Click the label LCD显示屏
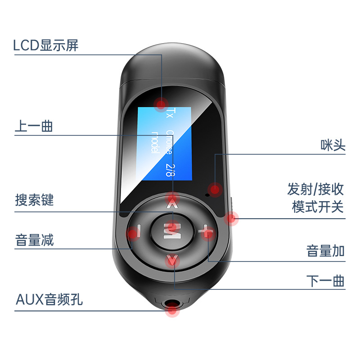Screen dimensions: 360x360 [x=46, y=45]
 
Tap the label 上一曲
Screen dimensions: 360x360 [x=34, y=126]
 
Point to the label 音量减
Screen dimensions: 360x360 [x=34, y=240]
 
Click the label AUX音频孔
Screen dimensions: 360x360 [x=49, y=299]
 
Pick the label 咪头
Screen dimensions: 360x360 [x=333, y=145]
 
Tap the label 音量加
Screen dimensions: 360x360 [x=325, y=251]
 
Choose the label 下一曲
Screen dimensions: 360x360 [x=325, y=281]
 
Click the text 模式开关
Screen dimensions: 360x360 [x=318, y=207]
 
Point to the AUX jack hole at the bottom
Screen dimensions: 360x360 [x=171, y=310]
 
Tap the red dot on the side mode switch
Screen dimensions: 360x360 [x=231, y=219]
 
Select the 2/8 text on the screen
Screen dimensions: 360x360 [x=169, y=169]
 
